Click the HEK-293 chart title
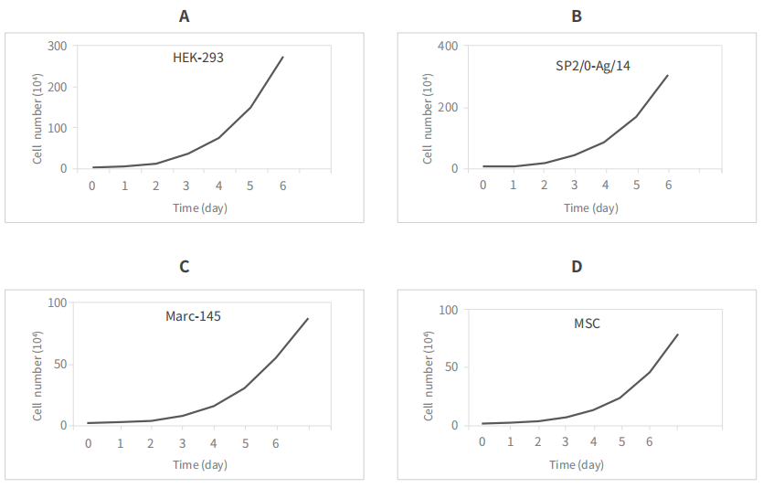point(198,57)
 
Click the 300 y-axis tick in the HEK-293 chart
point(58,47)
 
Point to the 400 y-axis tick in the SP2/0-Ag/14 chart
point(448,47)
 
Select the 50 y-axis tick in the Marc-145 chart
point(61,364)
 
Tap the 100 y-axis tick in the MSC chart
point(448,310)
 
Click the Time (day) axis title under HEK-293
point(200,207)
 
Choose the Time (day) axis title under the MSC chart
point(577,464)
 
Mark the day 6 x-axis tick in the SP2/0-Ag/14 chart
point(668,185)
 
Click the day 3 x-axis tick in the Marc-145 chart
point(183,443)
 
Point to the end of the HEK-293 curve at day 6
point(283,57)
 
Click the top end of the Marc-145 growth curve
point(309,318)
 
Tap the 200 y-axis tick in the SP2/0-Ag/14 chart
point(448,108)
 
